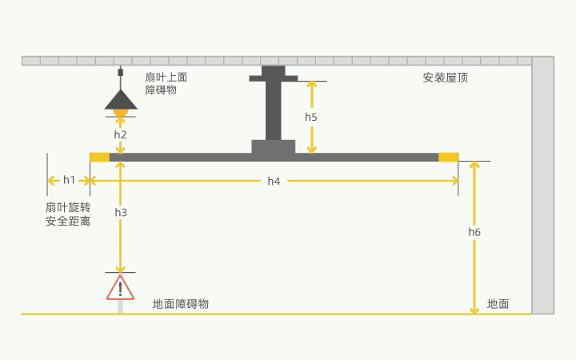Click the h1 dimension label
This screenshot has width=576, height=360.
pos(70,180)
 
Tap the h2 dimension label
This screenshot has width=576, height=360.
pos(120,134)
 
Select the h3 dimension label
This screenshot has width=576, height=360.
pos(121,212)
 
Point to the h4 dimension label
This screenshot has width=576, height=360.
pos(274,181)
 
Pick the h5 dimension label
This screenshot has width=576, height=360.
pos(311,117)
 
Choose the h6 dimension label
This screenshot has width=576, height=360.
pos(474,232)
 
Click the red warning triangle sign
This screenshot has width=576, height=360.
pos(120,287)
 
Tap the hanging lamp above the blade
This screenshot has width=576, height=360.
pos(121,101)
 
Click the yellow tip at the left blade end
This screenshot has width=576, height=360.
pos(99,157)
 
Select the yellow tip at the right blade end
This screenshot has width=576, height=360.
pos(449,157)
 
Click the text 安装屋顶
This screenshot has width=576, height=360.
pos(446,78)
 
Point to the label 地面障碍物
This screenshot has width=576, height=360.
pos(181,304)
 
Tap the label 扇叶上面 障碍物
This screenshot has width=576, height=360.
pos(166,83)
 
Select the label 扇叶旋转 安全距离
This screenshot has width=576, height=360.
pos(68,214)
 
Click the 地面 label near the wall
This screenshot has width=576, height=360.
pos(498,304)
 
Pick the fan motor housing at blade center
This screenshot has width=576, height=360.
pos(274,146)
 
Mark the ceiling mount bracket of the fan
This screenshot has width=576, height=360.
pos(274,75)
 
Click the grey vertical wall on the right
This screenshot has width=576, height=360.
pos(542,184)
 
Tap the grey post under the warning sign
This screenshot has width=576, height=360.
pos(120,306)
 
